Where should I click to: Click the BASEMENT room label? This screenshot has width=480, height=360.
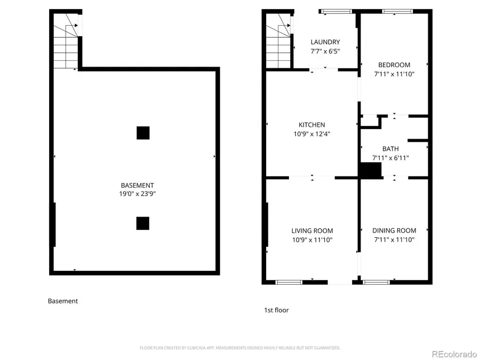coord(138,185)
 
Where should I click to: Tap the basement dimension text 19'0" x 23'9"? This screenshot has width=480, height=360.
coord(138,194)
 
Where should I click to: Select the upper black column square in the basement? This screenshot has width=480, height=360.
coord(142,133)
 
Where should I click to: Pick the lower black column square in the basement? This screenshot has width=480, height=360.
coord(142,223)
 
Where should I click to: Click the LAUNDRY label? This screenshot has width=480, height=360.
coord(325,42)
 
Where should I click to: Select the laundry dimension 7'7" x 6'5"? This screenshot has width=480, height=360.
coord(325,51)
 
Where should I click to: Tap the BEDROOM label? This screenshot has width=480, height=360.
coord(394,65)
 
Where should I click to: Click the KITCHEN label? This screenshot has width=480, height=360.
coord(311,125)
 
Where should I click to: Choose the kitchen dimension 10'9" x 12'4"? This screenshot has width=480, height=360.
coord(311,134)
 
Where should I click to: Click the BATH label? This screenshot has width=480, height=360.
coord(390,149)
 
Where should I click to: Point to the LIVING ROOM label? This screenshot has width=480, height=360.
coord(312,231)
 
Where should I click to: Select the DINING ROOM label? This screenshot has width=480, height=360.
coord(394,230)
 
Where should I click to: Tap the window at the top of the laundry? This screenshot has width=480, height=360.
coord(336,11)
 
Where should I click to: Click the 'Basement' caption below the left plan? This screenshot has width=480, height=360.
coord(63,301)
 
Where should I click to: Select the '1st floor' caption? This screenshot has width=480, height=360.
coord(276,310)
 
